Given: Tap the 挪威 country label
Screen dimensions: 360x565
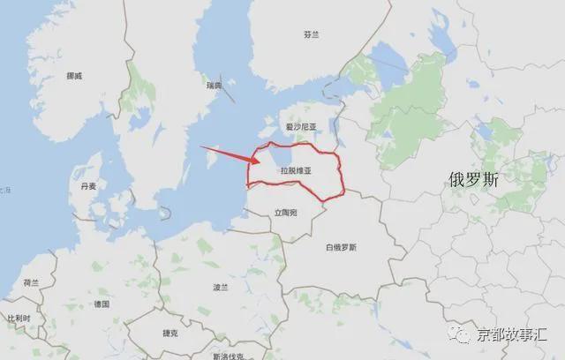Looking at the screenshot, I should click(x=74, y=76).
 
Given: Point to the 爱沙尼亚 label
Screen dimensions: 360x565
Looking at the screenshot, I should click(x=300, y=127).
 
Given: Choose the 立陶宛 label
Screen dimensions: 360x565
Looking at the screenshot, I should click(x=285, y=213).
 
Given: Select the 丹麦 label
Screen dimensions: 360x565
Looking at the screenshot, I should click(x=89, y=187).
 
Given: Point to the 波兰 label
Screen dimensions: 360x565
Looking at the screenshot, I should click(x=221, y=288).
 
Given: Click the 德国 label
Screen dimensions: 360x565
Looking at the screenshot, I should click(x=102, y=304).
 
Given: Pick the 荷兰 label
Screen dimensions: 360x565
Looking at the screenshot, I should click(x=31, y=283).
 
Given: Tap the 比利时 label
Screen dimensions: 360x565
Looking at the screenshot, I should click(x=19, y=318).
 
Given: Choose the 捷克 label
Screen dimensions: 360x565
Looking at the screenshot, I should click(x=170, y=334).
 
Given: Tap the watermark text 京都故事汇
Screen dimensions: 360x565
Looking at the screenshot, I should click(x=509, y=334).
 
